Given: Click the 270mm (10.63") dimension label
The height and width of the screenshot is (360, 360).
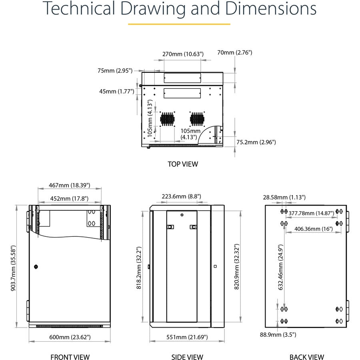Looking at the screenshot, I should (183, 54).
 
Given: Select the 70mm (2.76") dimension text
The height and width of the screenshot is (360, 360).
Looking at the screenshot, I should (234, 52).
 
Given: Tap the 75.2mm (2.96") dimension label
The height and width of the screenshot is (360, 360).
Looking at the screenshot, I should (256, 142).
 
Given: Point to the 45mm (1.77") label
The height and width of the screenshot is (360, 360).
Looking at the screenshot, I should (116, 91).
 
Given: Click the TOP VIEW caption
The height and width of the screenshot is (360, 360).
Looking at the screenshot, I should (183, 164).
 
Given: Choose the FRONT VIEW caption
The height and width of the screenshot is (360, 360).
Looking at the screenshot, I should (70, 357).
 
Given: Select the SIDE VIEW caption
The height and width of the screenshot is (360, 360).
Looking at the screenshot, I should (187, 357).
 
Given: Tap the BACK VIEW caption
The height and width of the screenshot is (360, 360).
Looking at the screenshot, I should (307, 357).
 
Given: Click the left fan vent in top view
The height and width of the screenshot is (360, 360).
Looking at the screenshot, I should (168, 119).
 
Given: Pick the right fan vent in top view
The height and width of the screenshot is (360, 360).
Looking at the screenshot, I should (196, 119).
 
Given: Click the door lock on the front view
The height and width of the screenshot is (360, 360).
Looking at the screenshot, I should (36, 267).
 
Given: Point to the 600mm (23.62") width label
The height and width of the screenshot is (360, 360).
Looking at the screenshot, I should (70, 337).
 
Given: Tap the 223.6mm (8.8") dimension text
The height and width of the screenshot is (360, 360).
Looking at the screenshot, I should (181, 196).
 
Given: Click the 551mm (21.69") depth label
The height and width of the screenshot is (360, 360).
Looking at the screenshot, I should (187, 337).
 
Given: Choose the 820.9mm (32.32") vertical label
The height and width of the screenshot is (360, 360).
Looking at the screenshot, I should (236, 267).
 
